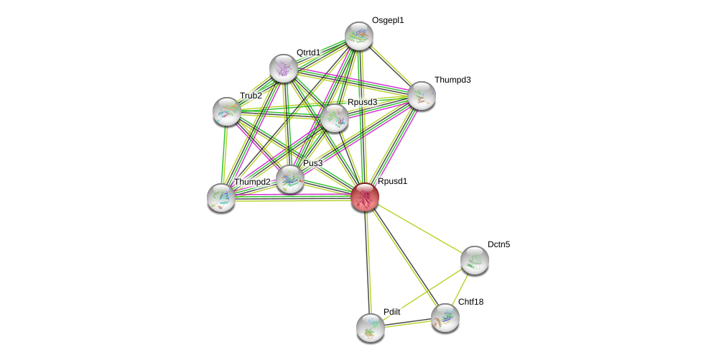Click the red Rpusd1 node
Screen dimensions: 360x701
[365, 196]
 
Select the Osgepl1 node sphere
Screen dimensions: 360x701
[358, 36]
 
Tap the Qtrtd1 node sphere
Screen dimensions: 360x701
[284, 68]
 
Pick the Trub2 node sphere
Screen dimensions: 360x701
[227, 111]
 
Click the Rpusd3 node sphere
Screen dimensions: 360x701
[334, 118]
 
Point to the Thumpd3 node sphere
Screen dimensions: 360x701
[421, 95]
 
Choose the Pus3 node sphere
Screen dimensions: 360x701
[290, 179]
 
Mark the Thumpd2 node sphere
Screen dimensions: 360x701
[221, 198]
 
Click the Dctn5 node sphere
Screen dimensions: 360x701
[474, 260]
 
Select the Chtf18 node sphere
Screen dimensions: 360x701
[445, 318]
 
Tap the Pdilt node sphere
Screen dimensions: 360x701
[371, 328]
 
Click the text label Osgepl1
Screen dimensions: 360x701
[388, 20]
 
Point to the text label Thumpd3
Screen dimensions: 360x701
[452, 80]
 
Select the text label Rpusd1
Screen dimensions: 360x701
[392, 181]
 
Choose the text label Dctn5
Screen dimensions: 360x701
[498, 244]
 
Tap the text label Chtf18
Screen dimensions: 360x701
[470, 302]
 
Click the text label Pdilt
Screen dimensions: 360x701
[391, 312]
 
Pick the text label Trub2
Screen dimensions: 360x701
[251, 96]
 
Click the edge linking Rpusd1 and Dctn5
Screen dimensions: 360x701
[419, 228]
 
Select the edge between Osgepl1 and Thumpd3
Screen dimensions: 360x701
[390, 65]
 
